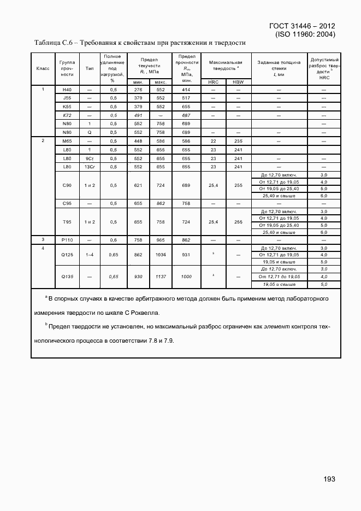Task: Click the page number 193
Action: pyautogui.click(x=329, y=479)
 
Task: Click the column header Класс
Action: pyautogui.click(x=43, y=68)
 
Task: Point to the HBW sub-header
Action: pyautogui.click(x=238, y=82)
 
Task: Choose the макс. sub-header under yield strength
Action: pyautogui.click(x=161, y=82)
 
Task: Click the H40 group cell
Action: pyautogui.click(x=67, y=90)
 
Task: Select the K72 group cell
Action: pyautogui.click(x=67, y=115)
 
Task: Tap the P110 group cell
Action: pyautogui.click(x=67, y=240)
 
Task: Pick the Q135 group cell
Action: pyautogui.click(x=67, y=277)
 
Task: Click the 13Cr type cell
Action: pyautogui.click(x=90, y=167)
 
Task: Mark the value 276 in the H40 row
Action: pyautogui.click(x=138, y=90)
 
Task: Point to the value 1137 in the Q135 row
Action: pyautogui.click(x=161, y=277)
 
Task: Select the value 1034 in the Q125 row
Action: pyautogui.click(x=161, y=255)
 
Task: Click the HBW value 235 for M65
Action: pyautogui.click(x=238, y=141)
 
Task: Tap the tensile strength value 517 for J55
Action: pyautogui.click(x=186, y=98)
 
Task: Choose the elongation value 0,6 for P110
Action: pyautogui.click(x=114, y=240)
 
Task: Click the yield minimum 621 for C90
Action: pyautogui.click(x=138, y=185)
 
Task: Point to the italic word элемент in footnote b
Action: pyautogui.click(x=265, y=326)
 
